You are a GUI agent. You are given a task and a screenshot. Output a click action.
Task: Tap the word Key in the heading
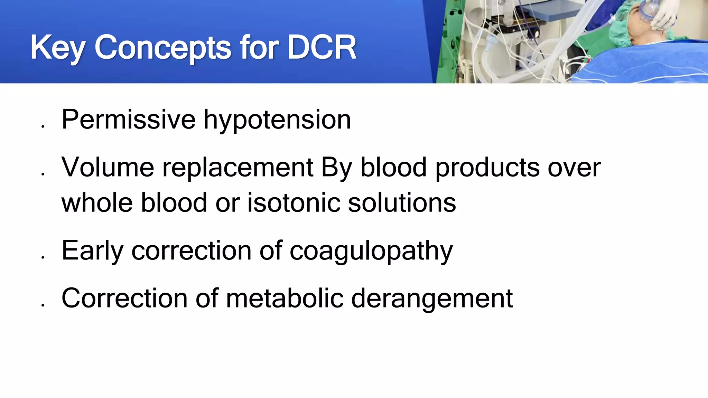(57, 48)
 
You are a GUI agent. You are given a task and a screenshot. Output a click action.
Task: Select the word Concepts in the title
(162, 48)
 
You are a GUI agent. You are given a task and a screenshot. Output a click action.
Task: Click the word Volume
(108, 167)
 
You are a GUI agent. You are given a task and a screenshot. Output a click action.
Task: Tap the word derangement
(432, 298)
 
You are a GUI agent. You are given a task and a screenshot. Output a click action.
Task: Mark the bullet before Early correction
(43, 257)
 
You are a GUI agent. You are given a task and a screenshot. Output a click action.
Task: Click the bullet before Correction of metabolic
(43, 305)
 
